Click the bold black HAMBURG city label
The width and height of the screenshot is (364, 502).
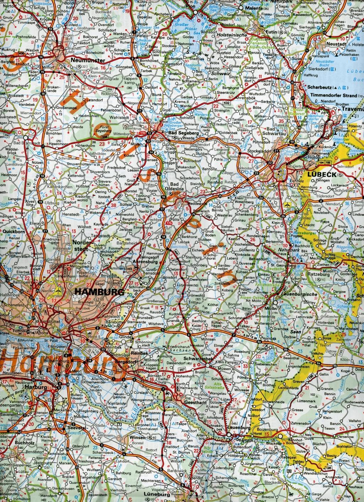click(x=100, y=292)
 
